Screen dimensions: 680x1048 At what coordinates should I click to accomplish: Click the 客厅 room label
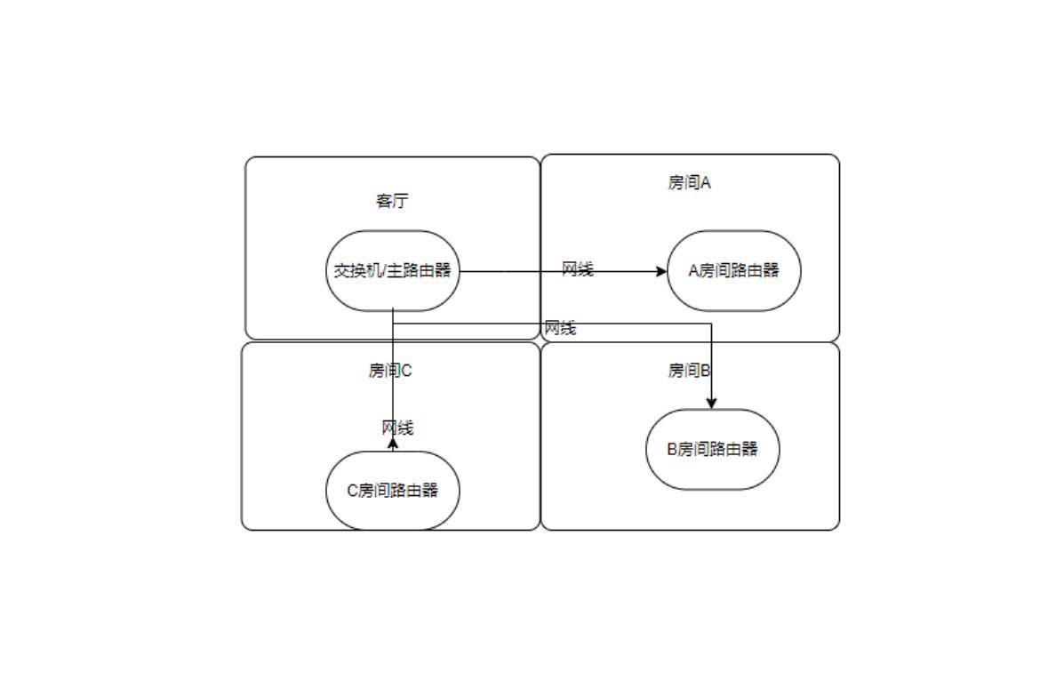coord(391,201)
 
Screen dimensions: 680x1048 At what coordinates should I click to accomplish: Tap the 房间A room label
coord(689,183)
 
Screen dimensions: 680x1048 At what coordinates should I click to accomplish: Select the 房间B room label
coord(689,371)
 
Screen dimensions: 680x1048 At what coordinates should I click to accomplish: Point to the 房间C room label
coord(390,371)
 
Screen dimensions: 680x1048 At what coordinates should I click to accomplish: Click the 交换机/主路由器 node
coord(393,270)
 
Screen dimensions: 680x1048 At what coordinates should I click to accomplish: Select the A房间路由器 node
coord(734,270)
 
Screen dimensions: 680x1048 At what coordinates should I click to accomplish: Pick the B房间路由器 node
coord(713,449)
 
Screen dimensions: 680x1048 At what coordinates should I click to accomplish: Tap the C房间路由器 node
coord(393,490)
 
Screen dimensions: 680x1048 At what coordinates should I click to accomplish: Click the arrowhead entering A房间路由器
coord(661,271)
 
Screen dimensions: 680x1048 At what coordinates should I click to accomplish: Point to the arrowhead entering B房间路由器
coord(711,404)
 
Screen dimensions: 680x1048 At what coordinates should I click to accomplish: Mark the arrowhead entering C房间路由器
coord(393,443)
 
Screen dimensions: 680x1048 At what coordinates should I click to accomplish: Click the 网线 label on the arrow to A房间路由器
coord(577,269)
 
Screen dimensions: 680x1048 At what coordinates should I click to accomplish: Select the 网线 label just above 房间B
coord(560,328)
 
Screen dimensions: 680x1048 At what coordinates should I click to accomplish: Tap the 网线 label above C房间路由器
coord(397,428)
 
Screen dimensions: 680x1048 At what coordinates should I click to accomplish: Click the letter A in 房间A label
coord(706,183)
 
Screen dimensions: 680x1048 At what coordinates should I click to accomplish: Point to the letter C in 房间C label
coord(407,371)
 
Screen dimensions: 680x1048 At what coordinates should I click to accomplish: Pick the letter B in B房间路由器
coord(673,449)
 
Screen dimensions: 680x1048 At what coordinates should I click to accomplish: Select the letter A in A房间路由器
coord(694,270)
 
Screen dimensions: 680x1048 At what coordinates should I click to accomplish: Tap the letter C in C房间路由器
coord(352,490)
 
